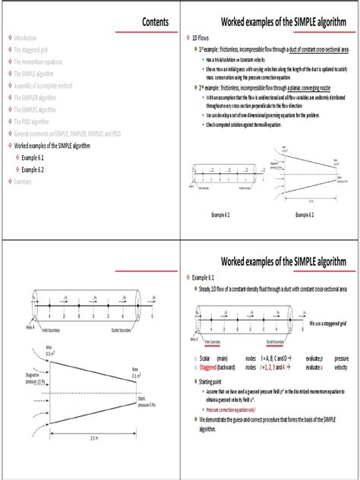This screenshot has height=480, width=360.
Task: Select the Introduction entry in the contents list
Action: pos(30,37)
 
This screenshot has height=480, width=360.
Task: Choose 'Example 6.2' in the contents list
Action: pos(36,169)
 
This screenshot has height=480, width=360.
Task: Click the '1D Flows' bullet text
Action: pos(201,37)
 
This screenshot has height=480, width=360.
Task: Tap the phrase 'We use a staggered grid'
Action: pos(329,322)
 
